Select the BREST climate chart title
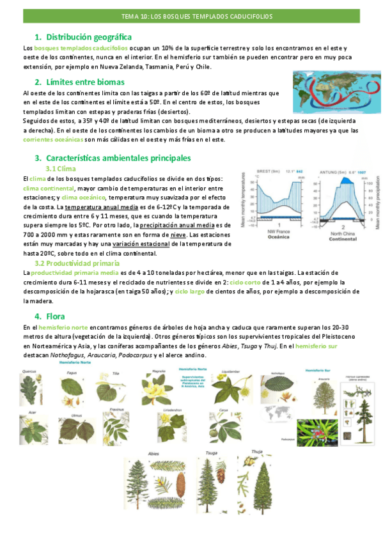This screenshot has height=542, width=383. pyautogui.click(x=269, y=172)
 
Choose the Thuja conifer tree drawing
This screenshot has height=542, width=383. pyautogui.click(x=253, y=492)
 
